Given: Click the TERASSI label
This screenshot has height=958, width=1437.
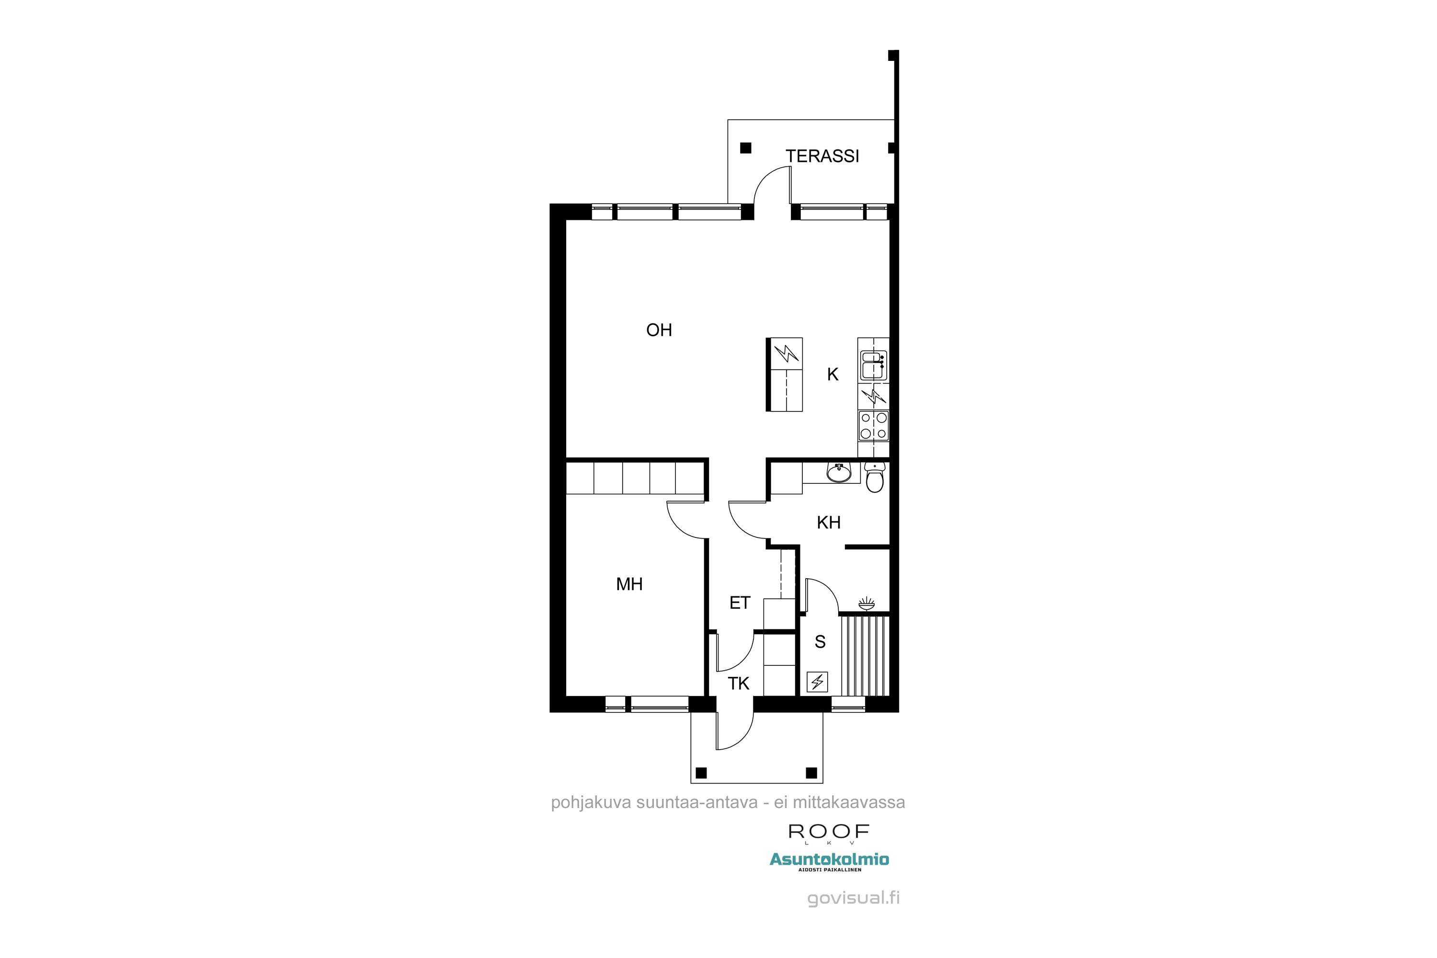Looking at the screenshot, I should click(x=822, y=157).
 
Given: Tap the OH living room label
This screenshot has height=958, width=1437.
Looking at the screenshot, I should click(x=659, y=331).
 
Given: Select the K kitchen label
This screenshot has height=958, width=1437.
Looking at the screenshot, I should click(x=833, y=375).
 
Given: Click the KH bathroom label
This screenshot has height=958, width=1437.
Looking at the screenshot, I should click(x=829, y=523).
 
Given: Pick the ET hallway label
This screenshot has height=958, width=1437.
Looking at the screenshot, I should click(x=739, y=604).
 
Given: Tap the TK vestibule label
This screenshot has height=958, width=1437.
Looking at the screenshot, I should click(x=738, y=684).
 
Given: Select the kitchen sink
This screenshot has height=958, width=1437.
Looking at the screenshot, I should click(x=872, y=365).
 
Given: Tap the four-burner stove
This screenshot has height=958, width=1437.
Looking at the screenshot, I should click(x=873, y=426).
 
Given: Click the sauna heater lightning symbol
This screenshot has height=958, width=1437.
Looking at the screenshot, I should click(x=818, y=681).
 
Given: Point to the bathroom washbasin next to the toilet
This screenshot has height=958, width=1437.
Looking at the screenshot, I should click(x=838, y=472).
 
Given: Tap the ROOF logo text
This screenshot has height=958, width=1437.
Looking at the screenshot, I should click(x=829, y=832).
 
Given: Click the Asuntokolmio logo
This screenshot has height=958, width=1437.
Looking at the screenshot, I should click(x=829, y=860).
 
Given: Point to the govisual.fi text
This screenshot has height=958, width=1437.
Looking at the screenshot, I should click(x=853, y=898).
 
